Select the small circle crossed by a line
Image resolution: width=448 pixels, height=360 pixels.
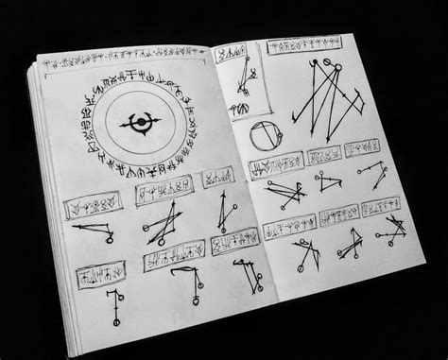coord(267,139)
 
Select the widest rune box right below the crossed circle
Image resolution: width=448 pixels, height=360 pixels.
coord(275,168)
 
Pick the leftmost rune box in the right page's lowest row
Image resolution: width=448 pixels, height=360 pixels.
coord(284,229)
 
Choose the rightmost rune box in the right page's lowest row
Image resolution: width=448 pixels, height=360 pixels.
coord(380,205)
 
